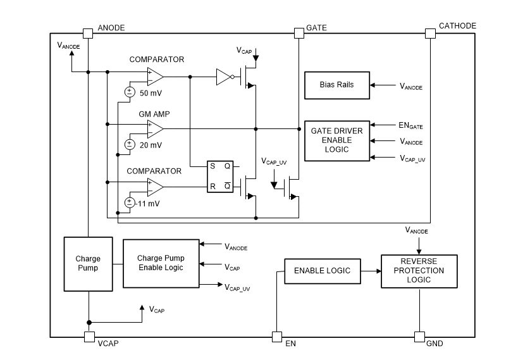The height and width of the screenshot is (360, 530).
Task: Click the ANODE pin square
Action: tap(89, 33)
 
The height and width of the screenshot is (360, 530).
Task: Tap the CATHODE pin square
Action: tap(430, 33)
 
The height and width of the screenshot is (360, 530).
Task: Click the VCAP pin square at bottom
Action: tap(89, 337)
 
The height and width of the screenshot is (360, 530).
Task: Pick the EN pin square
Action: tap(277, 337)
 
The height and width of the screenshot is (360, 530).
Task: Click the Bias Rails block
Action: tap(337, 85)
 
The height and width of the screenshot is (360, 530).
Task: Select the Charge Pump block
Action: tap(88, 263)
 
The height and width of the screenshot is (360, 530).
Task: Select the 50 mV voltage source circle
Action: tap(129, 92)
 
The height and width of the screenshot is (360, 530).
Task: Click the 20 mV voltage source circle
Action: tap(129, 144)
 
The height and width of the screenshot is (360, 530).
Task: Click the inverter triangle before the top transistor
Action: tap(224, 77)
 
